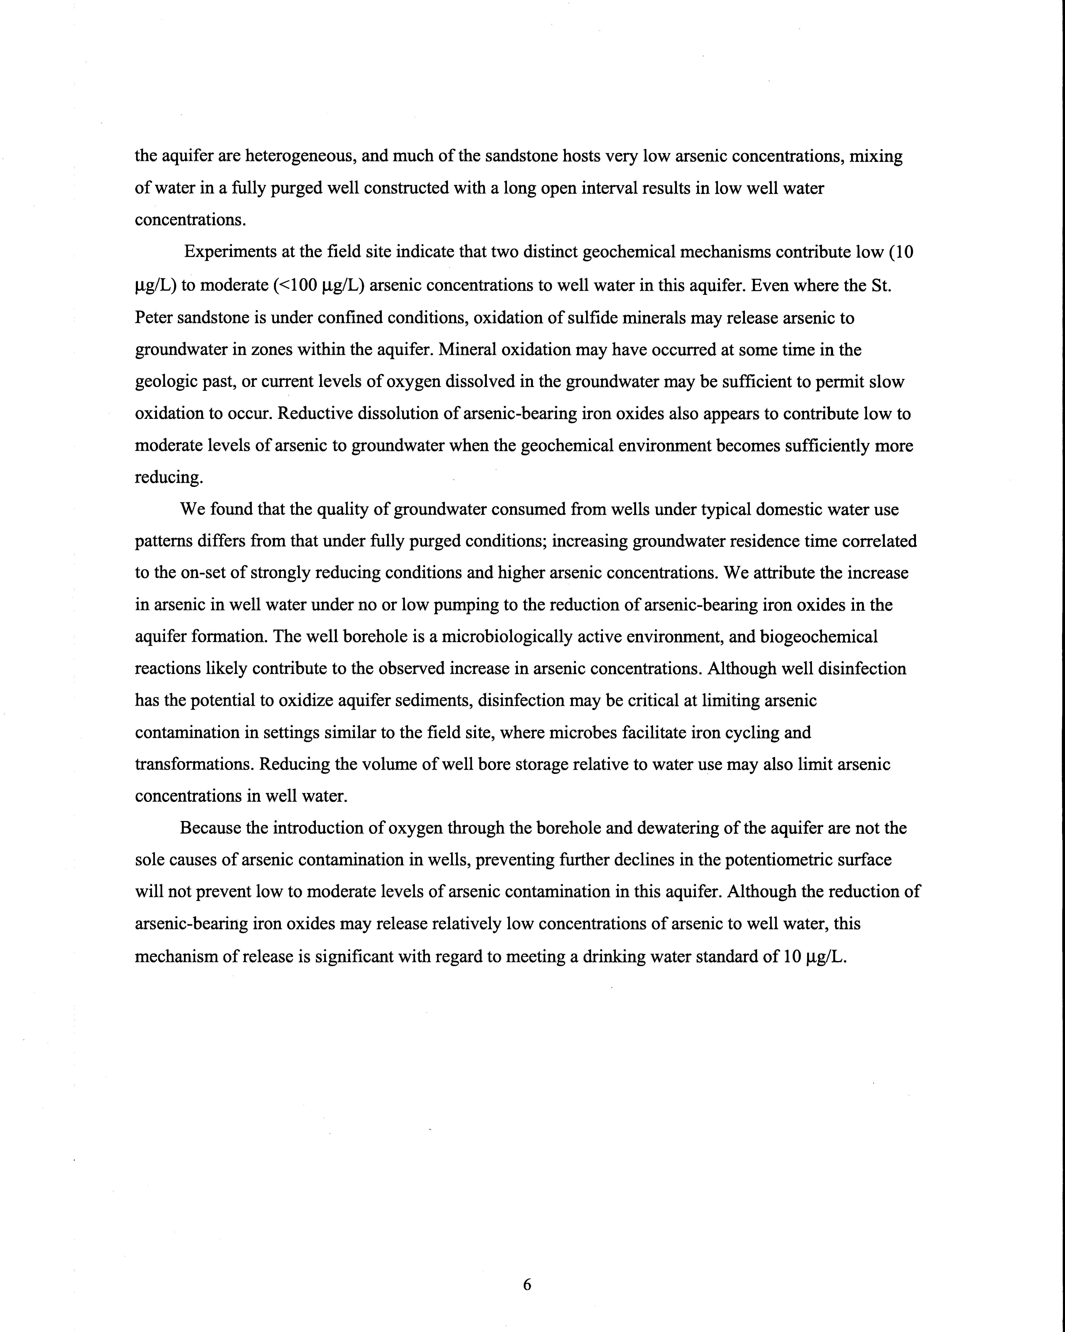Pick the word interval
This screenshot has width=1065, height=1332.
590,188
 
